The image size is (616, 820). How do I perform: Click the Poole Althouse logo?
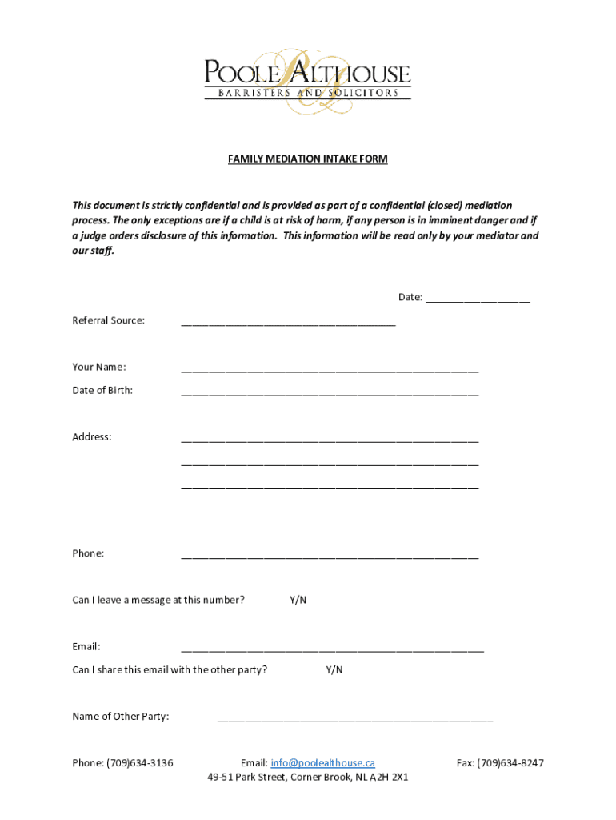[x=307, y=80]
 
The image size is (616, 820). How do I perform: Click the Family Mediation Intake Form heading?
[x=307, y=159]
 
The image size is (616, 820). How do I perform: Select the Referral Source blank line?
[x=288, y=324]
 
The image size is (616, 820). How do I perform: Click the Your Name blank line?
[x=330, y=370]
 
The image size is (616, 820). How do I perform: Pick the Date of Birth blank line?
[x=330, y=393]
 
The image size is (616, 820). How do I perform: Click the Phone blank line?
[x=330, y=556]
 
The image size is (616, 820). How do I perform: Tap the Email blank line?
[x=332, y=649]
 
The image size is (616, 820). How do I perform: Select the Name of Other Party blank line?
[x=355, y=719]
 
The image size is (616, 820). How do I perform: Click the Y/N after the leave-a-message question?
[x=298, y=600]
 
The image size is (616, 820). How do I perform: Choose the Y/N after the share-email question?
[x=334, y=669]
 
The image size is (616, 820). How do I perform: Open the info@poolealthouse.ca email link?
[x=322, y=763]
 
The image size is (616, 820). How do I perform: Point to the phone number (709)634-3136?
[x=140, y=763]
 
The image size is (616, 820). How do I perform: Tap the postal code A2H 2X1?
[x=390, y=777]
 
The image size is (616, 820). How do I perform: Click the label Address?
[x=92, y=437]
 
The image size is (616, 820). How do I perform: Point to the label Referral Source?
[x=109, y=320]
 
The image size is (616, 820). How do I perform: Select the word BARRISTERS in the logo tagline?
[x=246, y=93]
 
